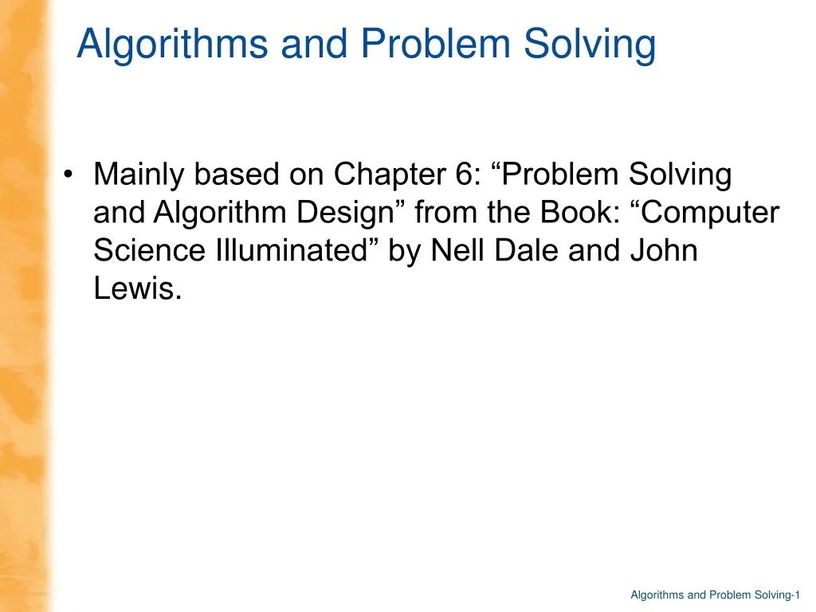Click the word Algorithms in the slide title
click(172, 45)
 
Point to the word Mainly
click(139, 175)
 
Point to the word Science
click(149, 251)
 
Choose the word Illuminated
click(296, 251)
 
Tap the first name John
click(665, 251)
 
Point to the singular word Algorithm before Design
click(221, 213)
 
